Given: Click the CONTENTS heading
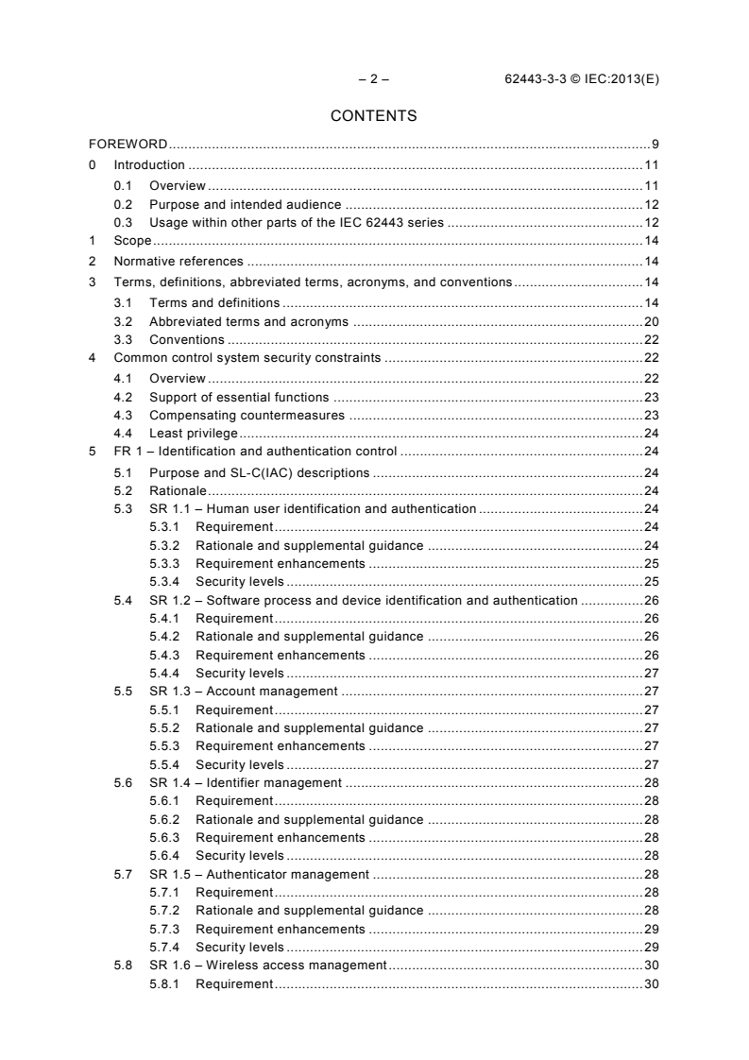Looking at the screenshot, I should pyautogui.click(x=374, y=117).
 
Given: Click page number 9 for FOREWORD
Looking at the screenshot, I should pyautogui.click(x=655, y=145).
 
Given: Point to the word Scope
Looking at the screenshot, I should pyautogui.click(x=132, y=241).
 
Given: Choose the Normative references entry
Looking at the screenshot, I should pyautogui.click(x=178, y=261).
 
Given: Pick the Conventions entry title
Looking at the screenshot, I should pyautogui.click(x=187, y=339).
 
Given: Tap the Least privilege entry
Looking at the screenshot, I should pyautogui.click(x=194, y=433).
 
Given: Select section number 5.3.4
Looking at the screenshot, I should pyautogui.click(x=166, y=581).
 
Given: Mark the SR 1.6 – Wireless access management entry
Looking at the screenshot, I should pyautogui.click(x=268, y=965).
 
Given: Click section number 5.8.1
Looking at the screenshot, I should pyautogui.click(x=166, y=984).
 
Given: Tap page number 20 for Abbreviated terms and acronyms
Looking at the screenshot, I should pyautogui.click(x=651, y=321).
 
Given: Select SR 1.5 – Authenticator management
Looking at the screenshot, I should pyautogui.click(x=259, y=874).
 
